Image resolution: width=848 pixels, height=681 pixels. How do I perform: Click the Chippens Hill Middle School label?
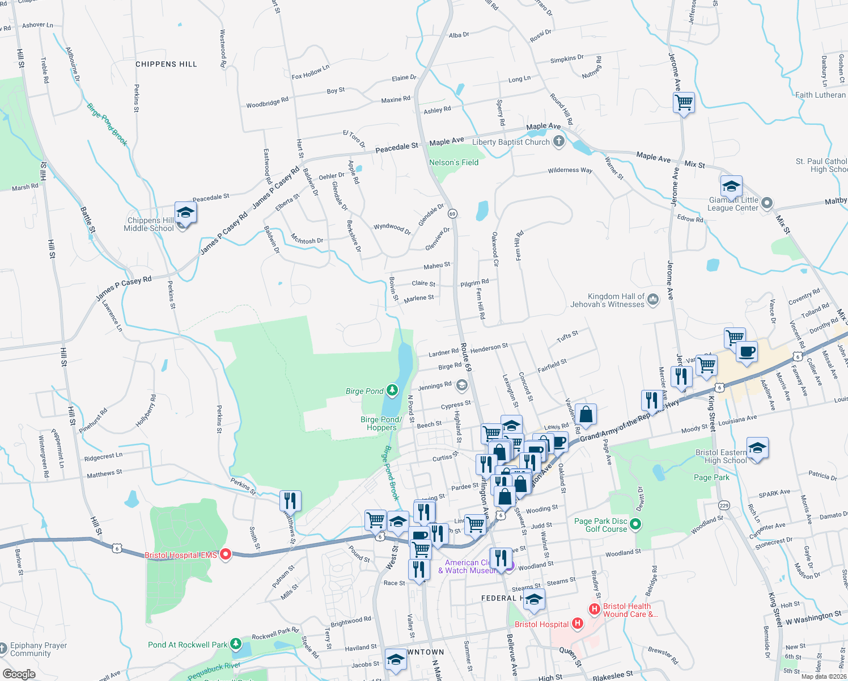(x=149, y=224)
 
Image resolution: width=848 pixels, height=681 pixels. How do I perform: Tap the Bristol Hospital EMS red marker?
(x=226, y=554)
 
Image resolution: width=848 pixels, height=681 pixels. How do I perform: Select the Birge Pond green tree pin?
(x=392, y=390)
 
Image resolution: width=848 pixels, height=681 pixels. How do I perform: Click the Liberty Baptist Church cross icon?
(x=559, y=141)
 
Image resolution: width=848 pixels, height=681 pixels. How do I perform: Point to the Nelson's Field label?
(x=453, y=162)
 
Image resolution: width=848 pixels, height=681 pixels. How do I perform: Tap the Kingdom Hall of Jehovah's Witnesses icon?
(x=653, y=299)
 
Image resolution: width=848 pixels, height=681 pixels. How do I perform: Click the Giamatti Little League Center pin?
(x=767, y=203)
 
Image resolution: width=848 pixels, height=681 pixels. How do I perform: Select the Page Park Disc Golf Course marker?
(x=635, y=524)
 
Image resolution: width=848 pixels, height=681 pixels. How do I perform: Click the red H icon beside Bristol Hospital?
(x=577, y=624)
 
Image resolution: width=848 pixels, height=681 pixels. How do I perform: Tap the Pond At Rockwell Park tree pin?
(x=235, y=645)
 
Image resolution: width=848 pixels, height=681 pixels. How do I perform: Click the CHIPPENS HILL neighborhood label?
(x=166, y=64)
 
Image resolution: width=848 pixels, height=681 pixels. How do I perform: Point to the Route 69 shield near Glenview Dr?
(x=452, y=214)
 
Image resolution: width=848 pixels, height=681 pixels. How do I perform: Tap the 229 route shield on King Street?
(x=724, y=505)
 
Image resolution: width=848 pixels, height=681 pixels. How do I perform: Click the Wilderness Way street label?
(x=570, y=170)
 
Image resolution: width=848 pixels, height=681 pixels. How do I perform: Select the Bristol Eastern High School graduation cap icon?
(x=757, y=448)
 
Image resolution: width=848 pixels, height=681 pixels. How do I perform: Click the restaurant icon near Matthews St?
(x=290, y=501)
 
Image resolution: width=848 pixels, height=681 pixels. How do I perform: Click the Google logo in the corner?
(x=19, y=674)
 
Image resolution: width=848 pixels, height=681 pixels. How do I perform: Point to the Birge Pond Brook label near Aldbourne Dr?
(x=107, y=124)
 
